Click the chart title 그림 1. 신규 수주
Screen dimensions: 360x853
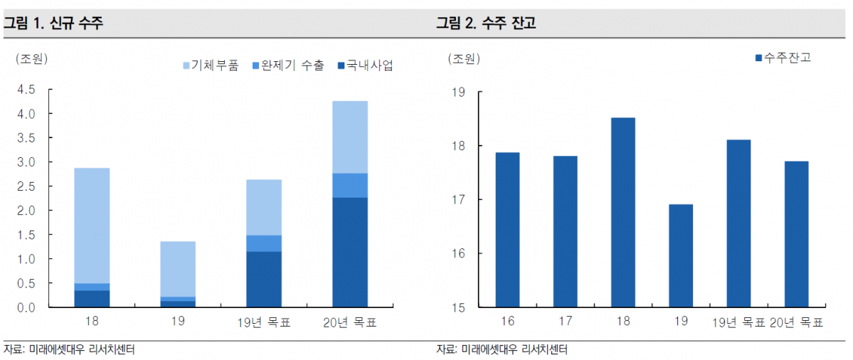tap(53, 23)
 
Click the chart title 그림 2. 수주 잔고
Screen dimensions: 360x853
tap(486, 23)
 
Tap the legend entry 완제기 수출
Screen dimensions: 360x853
tap(287, 65)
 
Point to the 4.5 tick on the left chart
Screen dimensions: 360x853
tap(26, 90)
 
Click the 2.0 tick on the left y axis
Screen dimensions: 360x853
tap(26, 211)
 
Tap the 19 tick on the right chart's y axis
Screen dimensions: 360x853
tap(457, 92)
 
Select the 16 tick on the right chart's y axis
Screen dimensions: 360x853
tap(457, 253)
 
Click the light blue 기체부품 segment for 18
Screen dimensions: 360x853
tap(92, 225)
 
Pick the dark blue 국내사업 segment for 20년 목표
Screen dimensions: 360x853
tap(350, 253)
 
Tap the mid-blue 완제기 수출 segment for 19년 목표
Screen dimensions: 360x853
tap(264, 243)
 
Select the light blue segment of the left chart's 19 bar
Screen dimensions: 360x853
tap(178, 269)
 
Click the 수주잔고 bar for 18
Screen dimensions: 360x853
tap(623, 212)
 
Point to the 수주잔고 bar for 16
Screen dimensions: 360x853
tap(507, 230)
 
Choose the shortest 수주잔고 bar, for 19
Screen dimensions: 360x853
tap(681, 256)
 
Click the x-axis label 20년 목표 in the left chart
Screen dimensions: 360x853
tap(350, 322)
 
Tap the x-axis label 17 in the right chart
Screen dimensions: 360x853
tap(565, 322)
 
